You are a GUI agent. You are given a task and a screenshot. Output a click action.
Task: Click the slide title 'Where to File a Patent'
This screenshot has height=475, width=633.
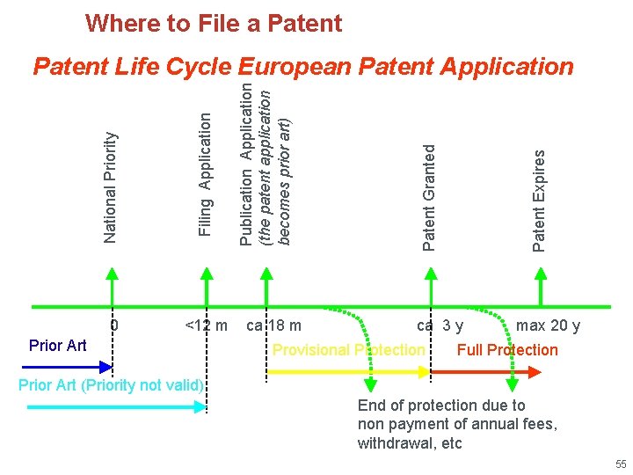pyautogui.click(x=214, y=24)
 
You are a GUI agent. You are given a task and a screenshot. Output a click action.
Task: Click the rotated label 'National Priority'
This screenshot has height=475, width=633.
pyautogui.click(x=111, y=186)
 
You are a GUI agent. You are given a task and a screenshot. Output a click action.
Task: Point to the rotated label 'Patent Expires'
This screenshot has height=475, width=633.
pyautogui.click(x=539, y=200)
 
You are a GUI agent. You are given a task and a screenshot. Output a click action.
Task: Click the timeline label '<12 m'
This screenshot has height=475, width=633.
pyautogui.click(x=207, y=326)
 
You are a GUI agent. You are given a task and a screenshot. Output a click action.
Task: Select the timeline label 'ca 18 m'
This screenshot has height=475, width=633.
pyautogui.click(x=274, y=326)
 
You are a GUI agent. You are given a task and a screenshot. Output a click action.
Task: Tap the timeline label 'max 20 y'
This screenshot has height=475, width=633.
pyautogui.click(x=548, y=326)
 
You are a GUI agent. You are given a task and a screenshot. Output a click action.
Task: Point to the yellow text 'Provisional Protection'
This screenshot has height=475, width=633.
pyautogui.click(x=348, y=350)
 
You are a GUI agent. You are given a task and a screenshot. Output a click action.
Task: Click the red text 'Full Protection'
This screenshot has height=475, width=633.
pyautogui.click(x=507, y=350)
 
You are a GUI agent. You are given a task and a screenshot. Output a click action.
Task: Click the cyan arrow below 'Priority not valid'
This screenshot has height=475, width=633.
pyautogui.click(x=115, y=406)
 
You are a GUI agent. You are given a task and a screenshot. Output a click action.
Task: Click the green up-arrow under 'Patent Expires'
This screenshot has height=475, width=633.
pyautogui.click(x=541, y=286)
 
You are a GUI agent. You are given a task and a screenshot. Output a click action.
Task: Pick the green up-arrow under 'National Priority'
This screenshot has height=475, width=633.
pyautogui.click(x=112, y=286)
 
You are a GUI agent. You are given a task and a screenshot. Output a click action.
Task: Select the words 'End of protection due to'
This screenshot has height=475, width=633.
pyautogui.click(x=441, y=406)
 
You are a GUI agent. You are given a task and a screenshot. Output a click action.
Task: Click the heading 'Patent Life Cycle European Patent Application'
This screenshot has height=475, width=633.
pyautogui.click(x=302, y=67)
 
